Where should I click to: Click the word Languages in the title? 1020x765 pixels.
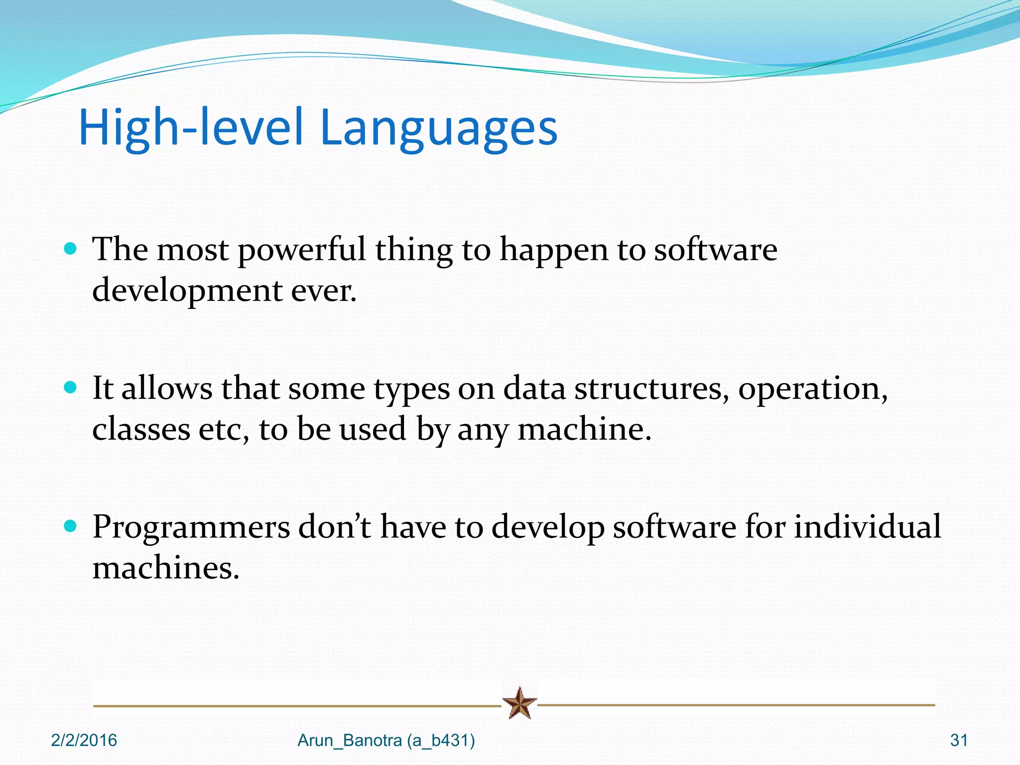pyautogui.click(x=438, y=128)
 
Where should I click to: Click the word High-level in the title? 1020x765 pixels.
pyautogui.click(x=191, y=128)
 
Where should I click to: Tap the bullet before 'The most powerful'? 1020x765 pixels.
pyautogui.click(x=71, y=249)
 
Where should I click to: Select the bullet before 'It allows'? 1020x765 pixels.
pyautogui.click(x=71, y=387)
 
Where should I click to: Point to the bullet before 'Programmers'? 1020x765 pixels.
pyautogui.click(x=71, y=526)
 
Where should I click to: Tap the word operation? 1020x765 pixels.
pyautogui.click(x=812, y=389)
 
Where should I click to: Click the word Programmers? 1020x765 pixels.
pyautogui.click(x=191, y=528)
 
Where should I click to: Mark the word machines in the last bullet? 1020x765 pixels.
pyautogui.click(x=166, y=568)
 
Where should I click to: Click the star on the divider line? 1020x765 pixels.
pyautogui.click(x=519, y=703)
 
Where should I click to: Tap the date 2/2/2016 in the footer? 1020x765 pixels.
pyautogui.click(x=84, y=741)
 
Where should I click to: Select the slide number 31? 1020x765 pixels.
pyautogui.click(x=959, y=741)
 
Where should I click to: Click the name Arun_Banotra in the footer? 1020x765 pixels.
pyautogui.click(x=350, y=741)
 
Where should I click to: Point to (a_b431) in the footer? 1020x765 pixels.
pyautogui.click(x=441, y=741)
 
